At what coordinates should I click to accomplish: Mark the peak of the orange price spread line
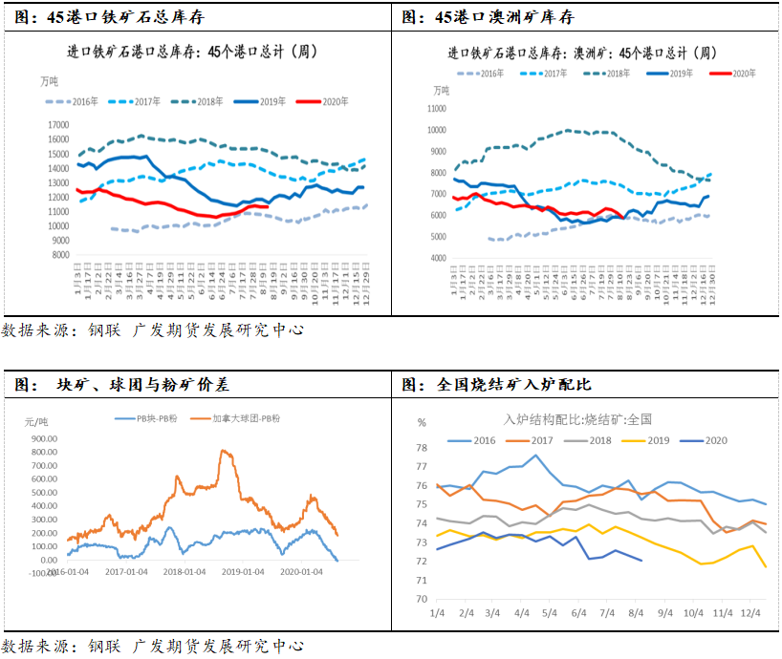[x=226, y=451]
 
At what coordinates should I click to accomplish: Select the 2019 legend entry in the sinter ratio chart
[x=651, y=440]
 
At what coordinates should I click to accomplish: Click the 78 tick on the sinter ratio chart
[x=421, y=448]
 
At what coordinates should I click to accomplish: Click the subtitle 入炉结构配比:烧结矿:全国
[x=577, y=419]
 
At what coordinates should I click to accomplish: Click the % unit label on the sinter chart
[x=422, y=421]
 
